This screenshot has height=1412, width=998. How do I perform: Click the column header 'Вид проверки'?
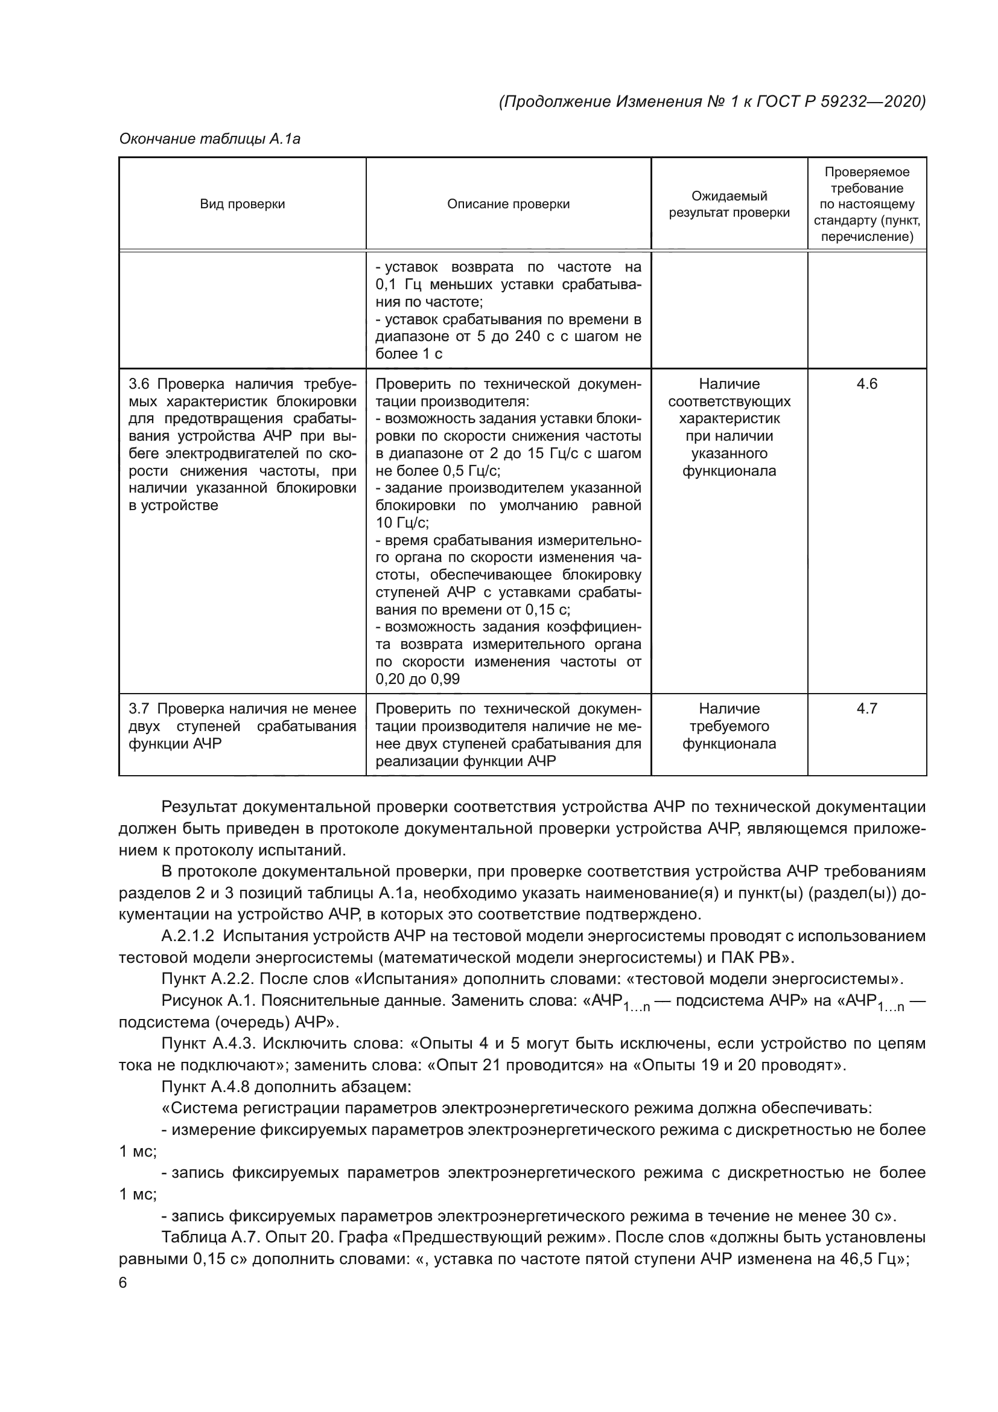point(242,204)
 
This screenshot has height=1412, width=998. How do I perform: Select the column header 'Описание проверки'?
point(508,204)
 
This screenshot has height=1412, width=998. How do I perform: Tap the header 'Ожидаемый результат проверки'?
point(729,204)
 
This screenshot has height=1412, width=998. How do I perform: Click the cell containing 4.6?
point(866,385)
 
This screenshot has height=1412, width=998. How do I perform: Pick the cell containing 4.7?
point(866,709)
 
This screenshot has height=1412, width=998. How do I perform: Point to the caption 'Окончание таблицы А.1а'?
point(209,139)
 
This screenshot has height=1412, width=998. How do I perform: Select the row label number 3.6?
point(139,385)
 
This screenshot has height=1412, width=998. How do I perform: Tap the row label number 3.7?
point(139,709)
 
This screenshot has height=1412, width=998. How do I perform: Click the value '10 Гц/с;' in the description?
point(402,523)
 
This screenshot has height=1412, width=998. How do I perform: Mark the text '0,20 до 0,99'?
point(418,680)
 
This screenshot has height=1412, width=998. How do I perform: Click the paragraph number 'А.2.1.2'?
point(188,937)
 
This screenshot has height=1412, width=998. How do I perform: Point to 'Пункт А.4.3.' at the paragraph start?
point(205,1044)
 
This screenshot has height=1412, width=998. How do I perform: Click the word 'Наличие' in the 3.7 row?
point(729,709)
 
